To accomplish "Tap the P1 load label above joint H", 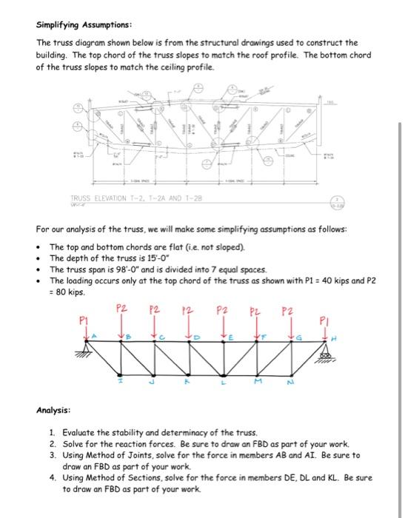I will coord(323,321).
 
